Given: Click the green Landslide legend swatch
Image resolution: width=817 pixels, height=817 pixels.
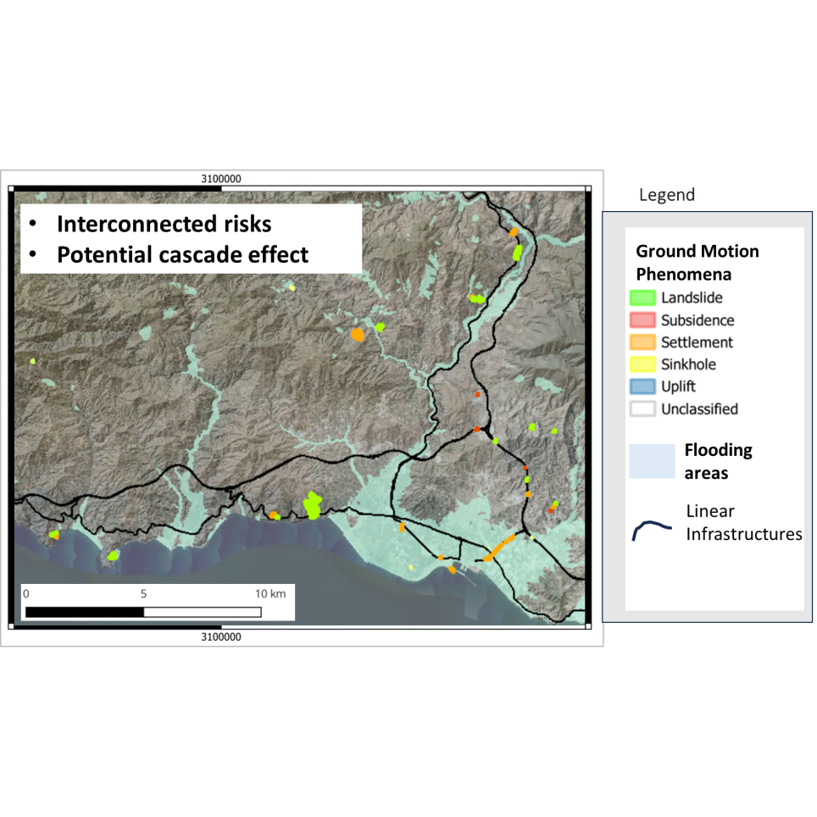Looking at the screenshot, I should [x=642, y=298].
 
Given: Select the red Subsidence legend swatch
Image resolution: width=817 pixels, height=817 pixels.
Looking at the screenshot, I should [x=642, y=320].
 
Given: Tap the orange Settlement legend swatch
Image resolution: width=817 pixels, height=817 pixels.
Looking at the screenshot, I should [x=642, y=342].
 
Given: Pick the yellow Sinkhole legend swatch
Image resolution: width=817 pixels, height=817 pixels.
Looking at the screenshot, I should [x=642, y=364].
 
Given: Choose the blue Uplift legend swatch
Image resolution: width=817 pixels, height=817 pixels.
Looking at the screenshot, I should [x=642, y=386].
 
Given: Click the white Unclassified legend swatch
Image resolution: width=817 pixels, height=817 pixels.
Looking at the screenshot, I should [x=642, y=409].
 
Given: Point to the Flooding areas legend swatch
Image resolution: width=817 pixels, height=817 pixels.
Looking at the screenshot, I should [x=651, y=462].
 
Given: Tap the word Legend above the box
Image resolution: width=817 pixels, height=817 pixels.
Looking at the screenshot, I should [x=666, y=195].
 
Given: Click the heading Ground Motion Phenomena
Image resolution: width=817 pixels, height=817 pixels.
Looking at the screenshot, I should [x=697, y=263].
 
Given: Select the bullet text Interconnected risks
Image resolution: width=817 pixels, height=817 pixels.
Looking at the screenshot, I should [x=164, y=225].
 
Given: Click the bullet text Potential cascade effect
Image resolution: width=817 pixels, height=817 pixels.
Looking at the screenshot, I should [x=182, y=255].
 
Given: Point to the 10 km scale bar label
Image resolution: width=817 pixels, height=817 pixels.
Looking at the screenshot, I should [x=270, y=593].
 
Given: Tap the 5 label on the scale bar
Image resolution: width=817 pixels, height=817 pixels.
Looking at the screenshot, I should [x=143, y=593].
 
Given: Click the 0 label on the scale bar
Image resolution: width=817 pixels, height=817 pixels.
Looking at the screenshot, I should [x=26, y=593].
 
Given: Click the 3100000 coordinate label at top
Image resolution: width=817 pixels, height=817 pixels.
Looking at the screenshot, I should [x=221, y=179].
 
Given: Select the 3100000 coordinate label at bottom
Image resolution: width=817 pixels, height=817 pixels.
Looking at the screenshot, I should [x=221, y=636].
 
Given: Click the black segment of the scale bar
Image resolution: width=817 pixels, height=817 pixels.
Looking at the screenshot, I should [x=85, y=612].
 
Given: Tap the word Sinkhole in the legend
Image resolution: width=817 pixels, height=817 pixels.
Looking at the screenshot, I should [x=688, y=364].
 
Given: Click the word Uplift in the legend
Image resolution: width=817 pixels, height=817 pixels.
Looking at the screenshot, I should [x=678, y=386].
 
